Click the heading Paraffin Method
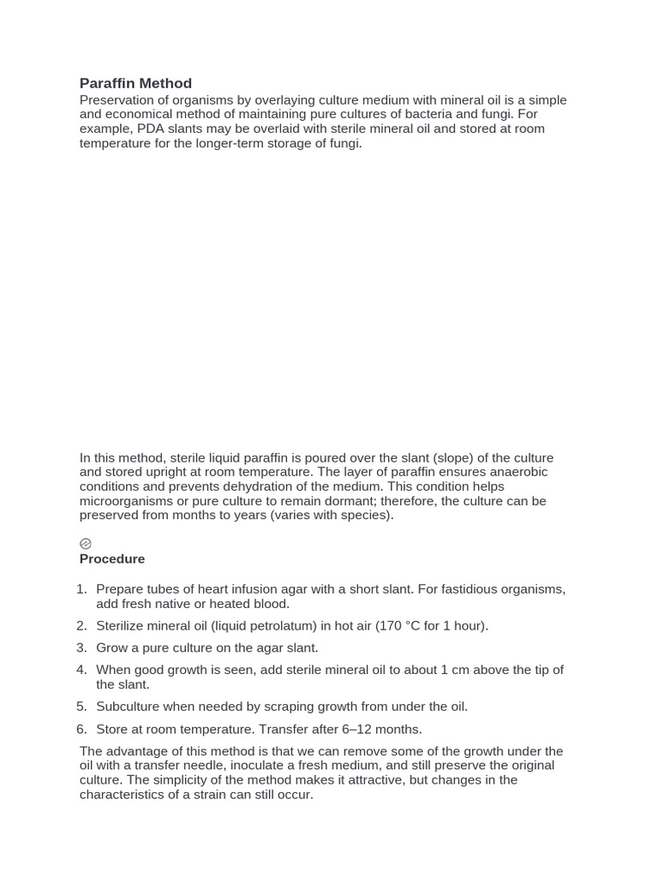point(135,83)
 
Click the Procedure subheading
point(112,558)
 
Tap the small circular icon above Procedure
point(86,543)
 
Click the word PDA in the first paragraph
point(147,128)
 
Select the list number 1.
point(81,589)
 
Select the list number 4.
point(81,670)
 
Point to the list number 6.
point(81,729)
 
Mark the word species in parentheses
point(365,516)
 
